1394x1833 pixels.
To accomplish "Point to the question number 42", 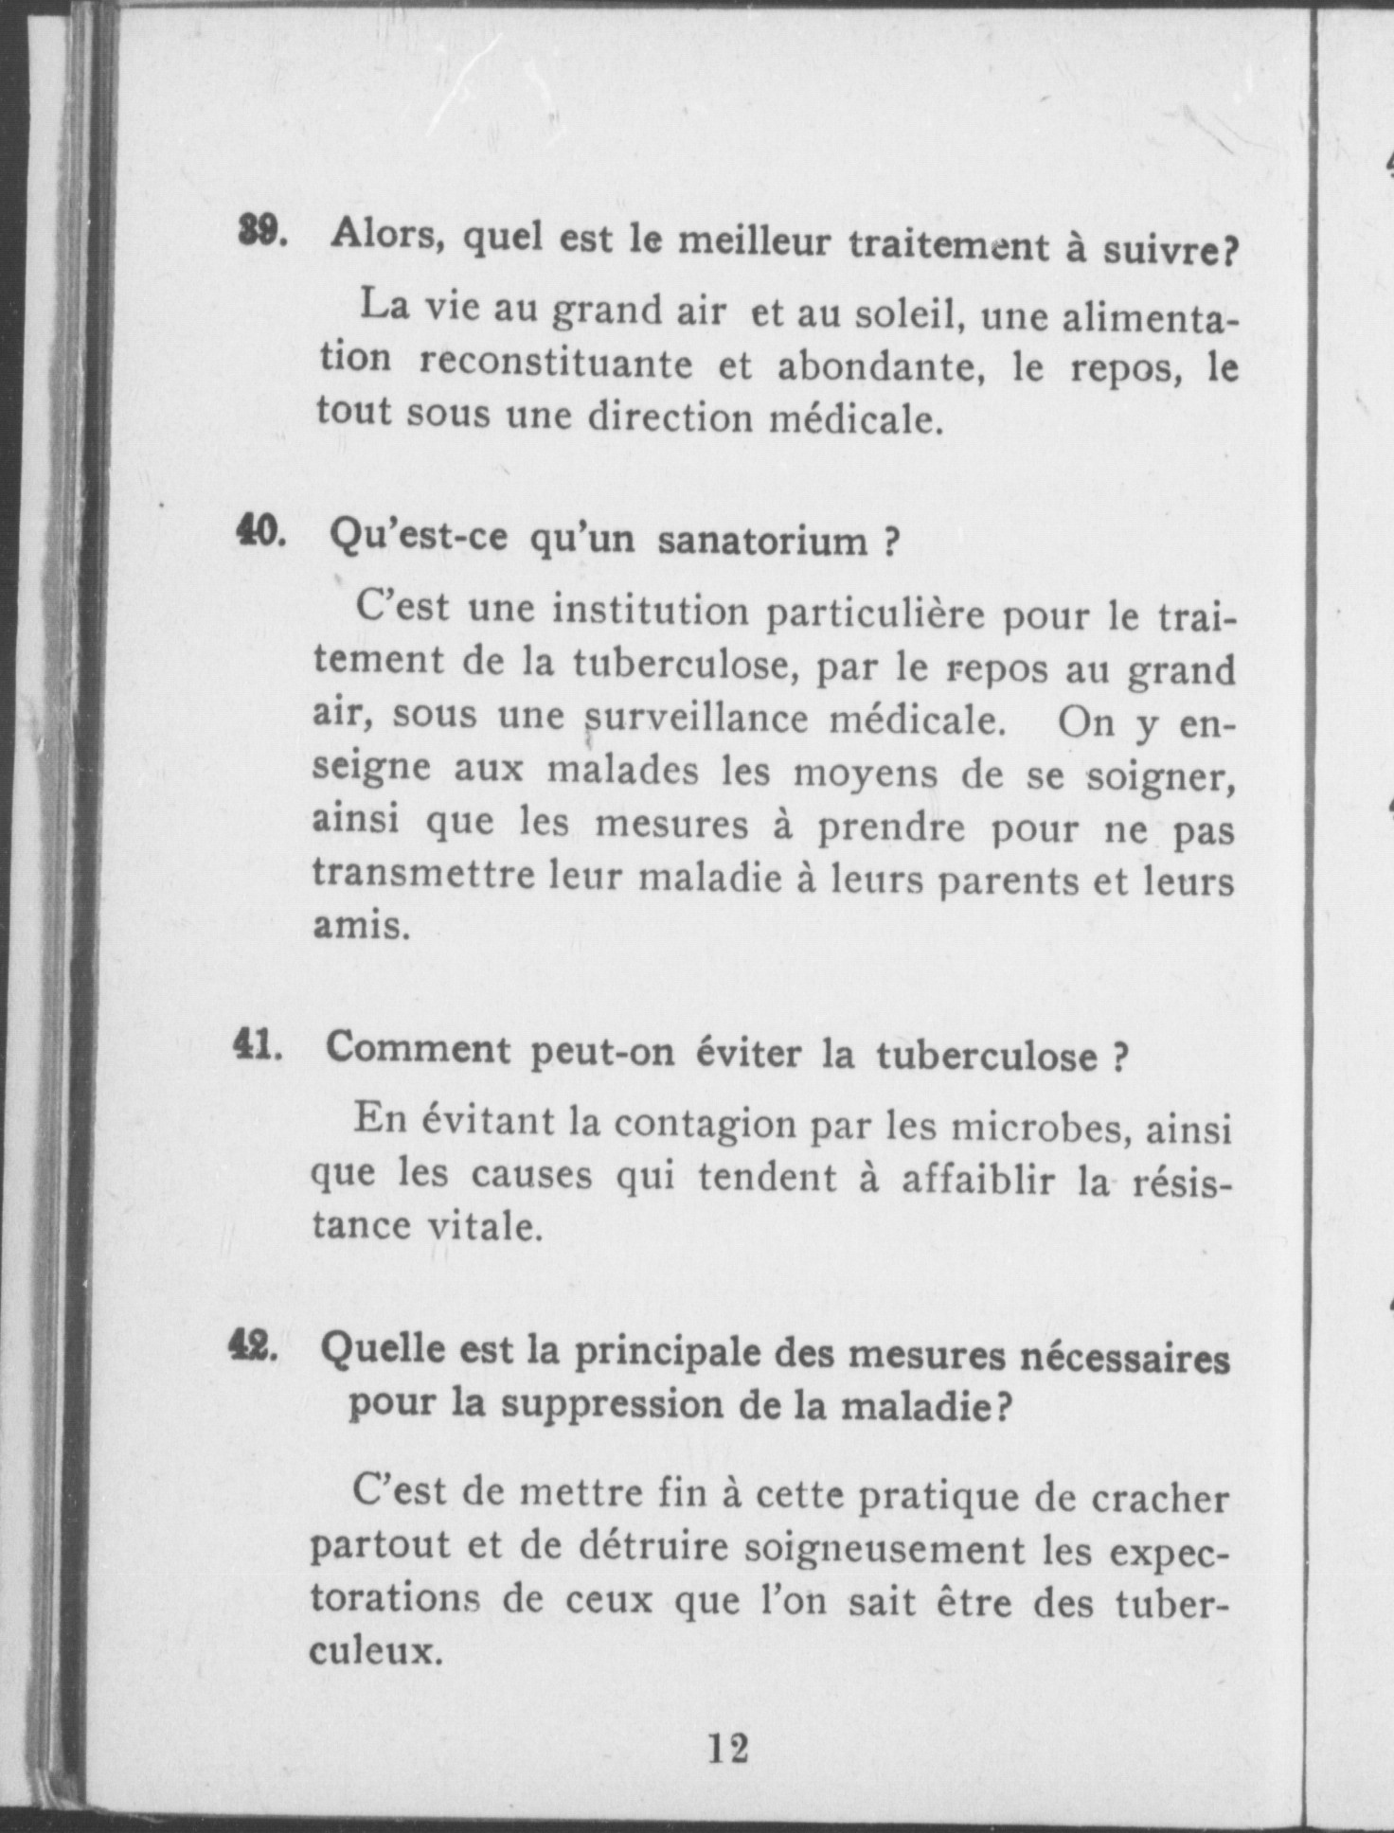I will (253, 1346).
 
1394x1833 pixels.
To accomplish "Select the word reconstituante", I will (556, 363).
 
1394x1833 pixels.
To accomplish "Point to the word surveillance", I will (696, 719).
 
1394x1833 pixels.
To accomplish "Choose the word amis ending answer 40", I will (361, 925).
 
